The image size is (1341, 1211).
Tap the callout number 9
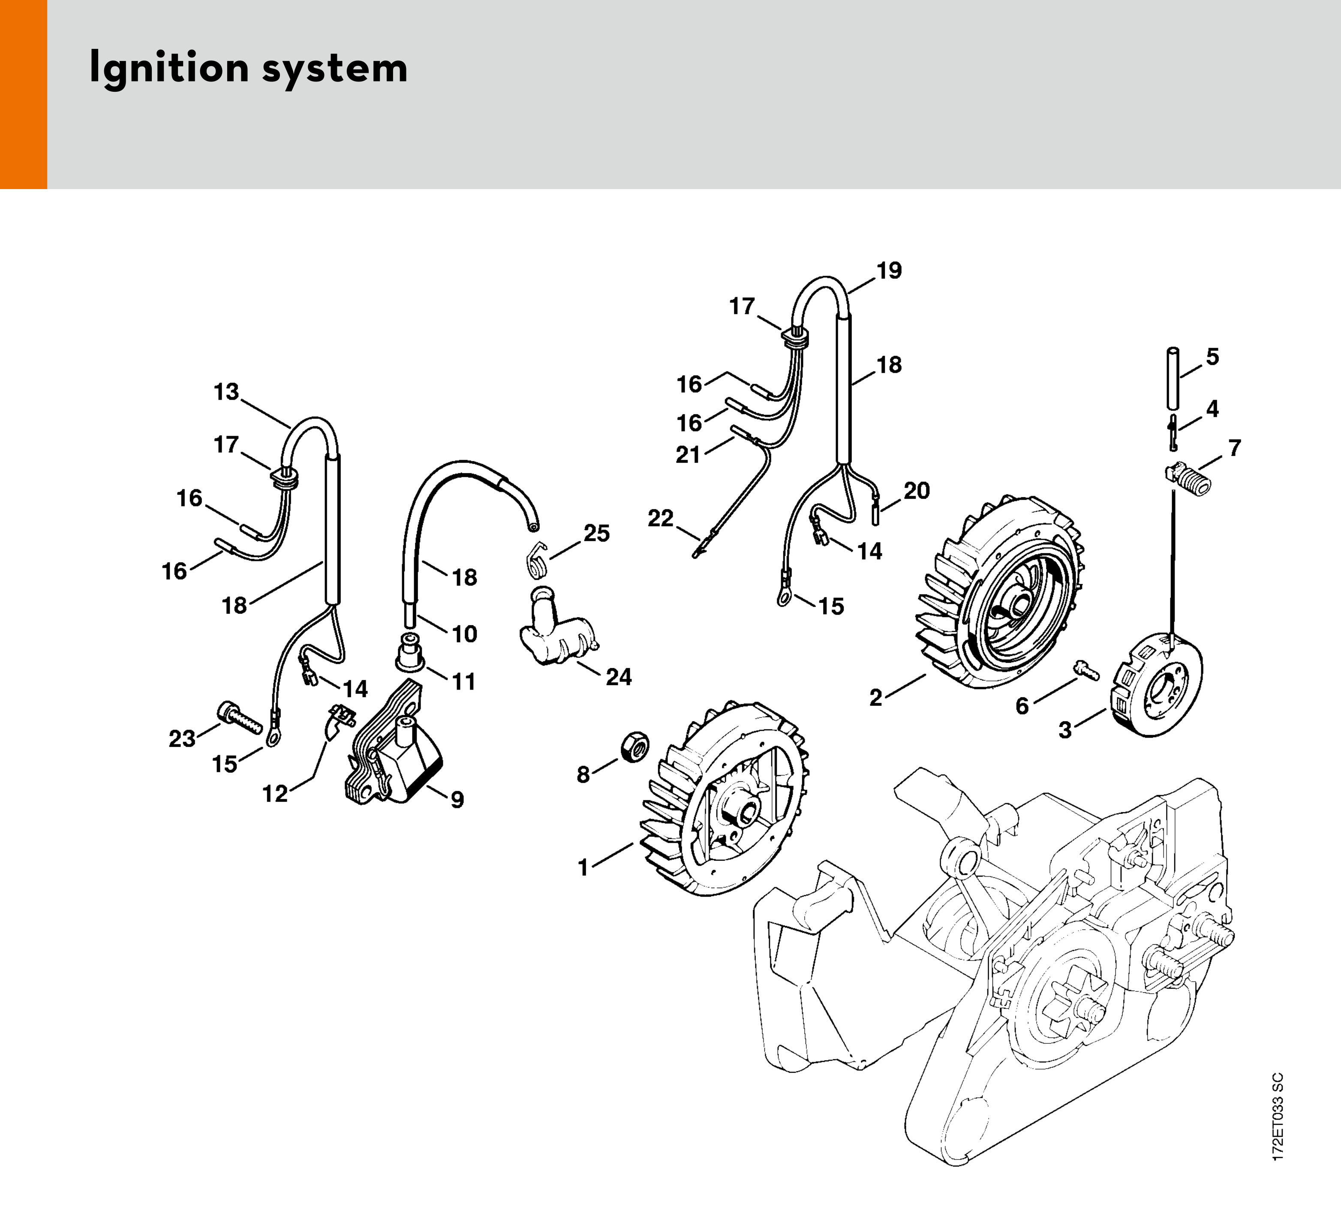(x=457, y=799)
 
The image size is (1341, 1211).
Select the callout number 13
(x=226, y=392)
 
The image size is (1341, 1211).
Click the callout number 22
(x=661, y=518)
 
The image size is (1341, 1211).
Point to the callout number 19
(x=889, y=271)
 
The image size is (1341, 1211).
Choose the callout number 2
(x=876, y=698)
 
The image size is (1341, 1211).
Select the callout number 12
(x=275, y=793)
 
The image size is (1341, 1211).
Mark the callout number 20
(x=916, y=491)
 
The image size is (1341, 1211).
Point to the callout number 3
(x=1065, y=730)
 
